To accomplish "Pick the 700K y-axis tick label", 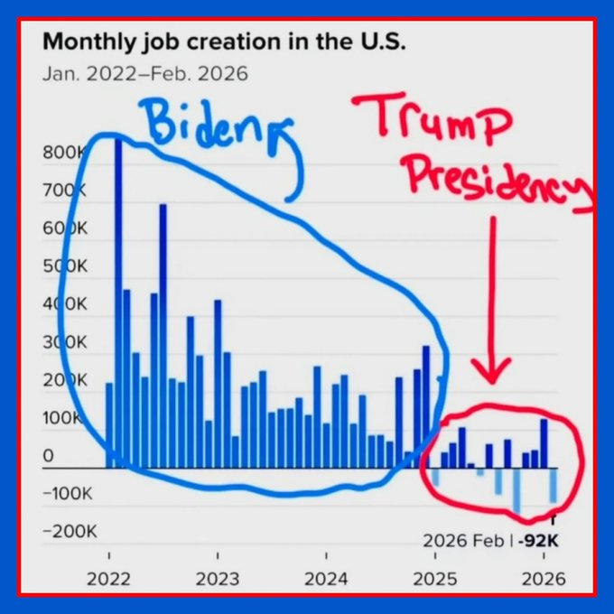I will pyautogui.click(x=63, y=191).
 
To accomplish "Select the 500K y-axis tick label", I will pyautogui.click(x=63, y=266).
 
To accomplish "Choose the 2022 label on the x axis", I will pyautogui.click(x=109, y=579).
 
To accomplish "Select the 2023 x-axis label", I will pyautogui.click(x=217, y=579).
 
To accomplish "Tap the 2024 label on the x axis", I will pyautogui.click(x=326, y=579).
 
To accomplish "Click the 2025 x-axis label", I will pyautogui.click(x=435, y=579).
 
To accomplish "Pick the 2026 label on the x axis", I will pyautogui.click(x=544, y=579).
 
